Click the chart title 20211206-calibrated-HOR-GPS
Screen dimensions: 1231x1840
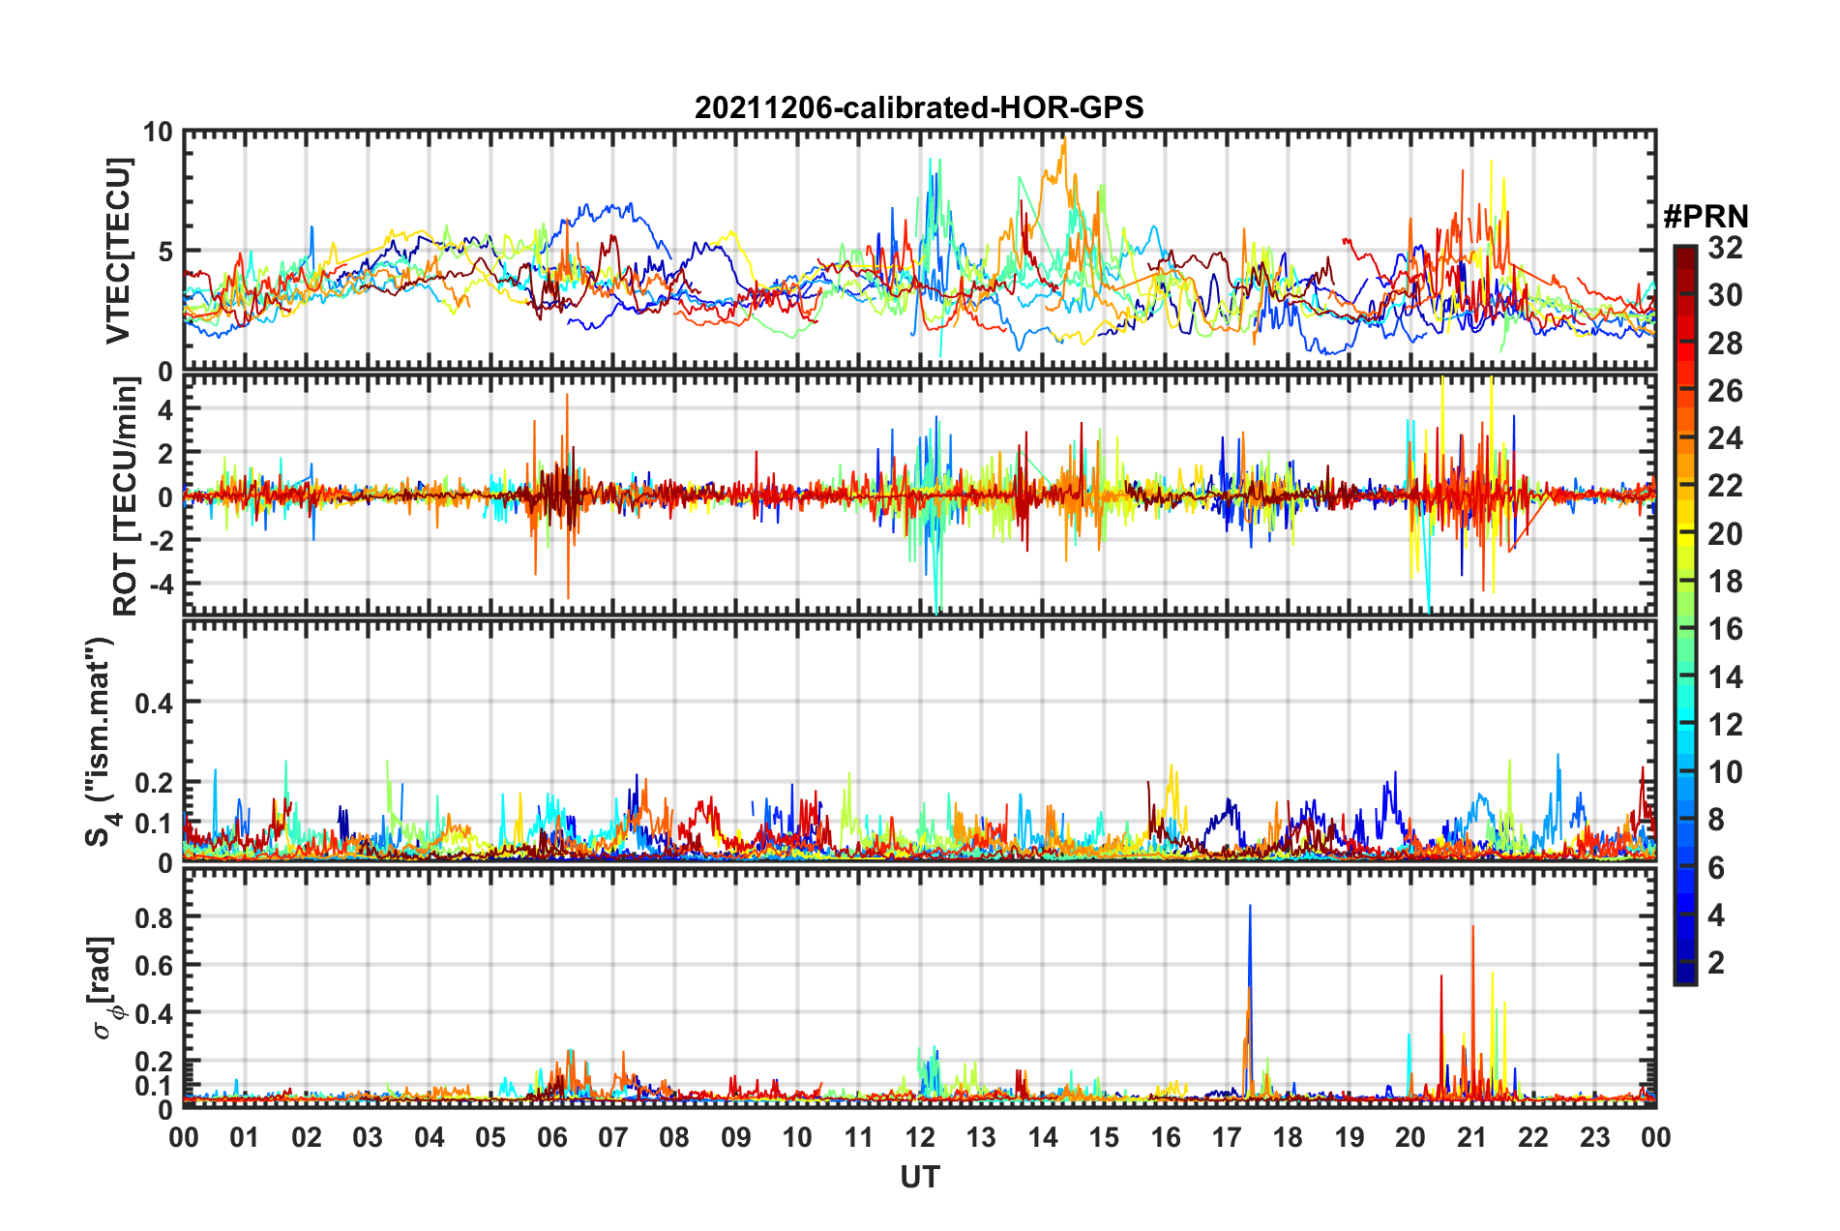pos(919,107)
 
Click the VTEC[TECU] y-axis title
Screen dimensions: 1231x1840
pos(118,251)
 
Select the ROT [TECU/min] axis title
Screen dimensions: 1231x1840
pos(126,496)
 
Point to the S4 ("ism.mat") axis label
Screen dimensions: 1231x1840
pos(100,741)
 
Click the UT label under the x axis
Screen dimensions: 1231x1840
pos(919,1177)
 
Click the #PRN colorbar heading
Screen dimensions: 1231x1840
pos(1706,217)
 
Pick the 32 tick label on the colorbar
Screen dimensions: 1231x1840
pos(1725,249)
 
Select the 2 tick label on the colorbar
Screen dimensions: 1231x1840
pos(1717,962)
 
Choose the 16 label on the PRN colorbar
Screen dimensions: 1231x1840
pos(1725,629)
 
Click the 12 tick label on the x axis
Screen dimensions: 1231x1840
pos(920,1137)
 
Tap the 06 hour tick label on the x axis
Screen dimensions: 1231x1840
pos(552,1137)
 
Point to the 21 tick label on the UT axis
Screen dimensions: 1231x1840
pos(1472,1137)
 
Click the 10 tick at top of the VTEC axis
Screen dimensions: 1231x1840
pos(158,133)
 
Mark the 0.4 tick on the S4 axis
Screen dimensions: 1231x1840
pos(154,703)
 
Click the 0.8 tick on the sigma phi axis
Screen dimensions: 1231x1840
pos(154,917)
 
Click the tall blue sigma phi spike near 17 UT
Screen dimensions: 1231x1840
pos(1250,910)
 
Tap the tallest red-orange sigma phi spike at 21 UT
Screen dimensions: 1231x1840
pos(1473,929)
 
